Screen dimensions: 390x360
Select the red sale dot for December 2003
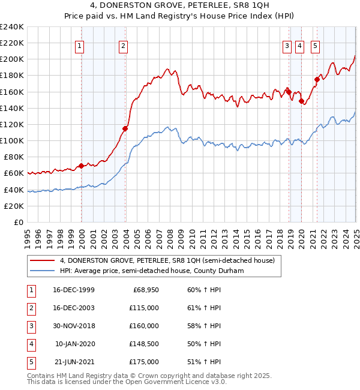coord(125,128)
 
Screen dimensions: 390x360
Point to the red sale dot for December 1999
coord(81,166)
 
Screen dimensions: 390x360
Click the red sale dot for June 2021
coord(317,79)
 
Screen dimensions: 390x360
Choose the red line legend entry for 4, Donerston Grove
coord(167,260)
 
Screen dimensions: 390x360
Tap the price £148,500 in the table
coord(144,344)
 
